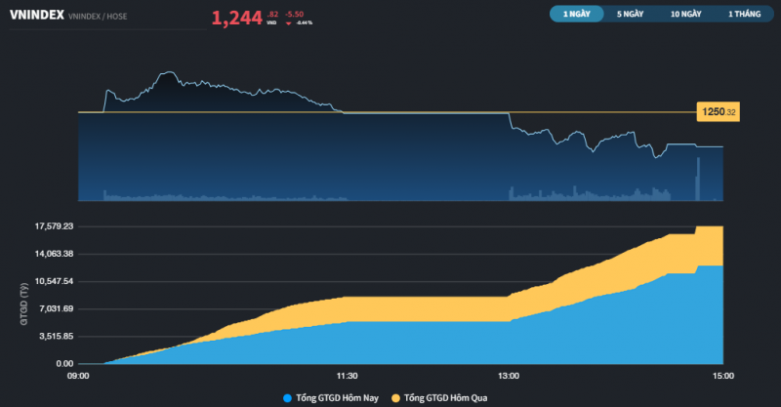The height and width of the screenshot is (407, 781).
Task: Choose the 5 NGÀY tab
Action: point(630,15)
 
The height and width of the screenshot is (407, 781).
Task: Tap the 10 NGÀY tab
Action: point(685,15)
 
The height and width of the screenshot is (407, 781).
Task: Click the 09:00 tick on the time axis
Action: point(78,375)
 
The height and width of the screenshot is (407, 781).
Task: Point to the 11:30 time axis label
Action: point(347,375)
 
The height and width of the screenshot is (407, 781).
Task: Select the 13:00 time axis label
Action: point(508,375)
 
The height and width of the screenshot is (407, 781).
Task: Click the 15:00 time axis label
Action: point(723,375)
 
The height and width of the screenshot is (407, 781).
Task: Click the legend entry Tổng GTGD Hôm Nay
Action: point(329,397)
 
